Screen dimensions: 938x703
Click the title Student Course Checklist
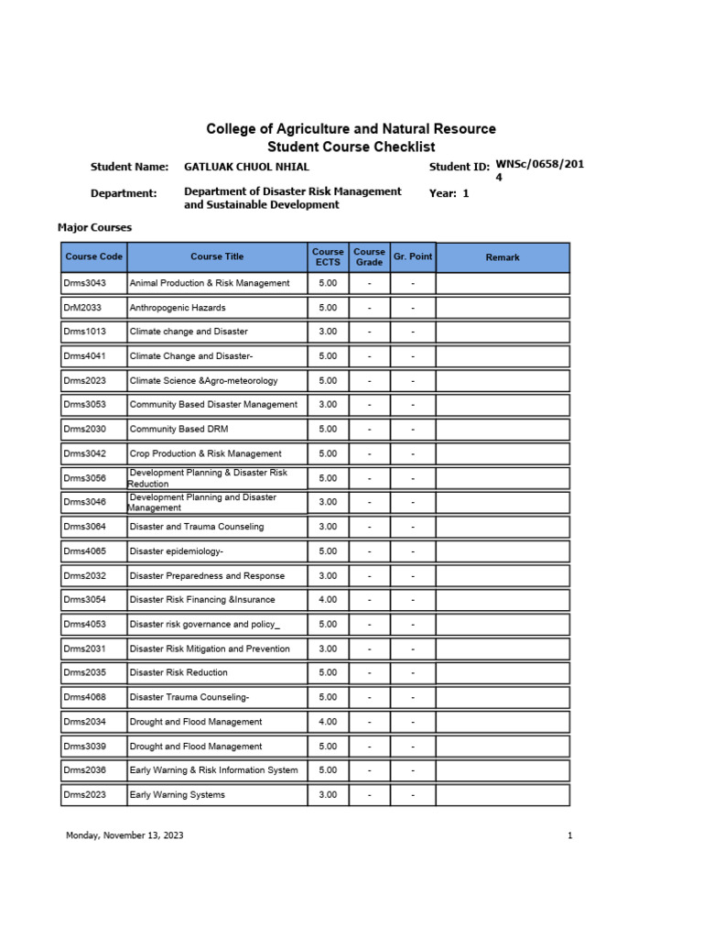351,147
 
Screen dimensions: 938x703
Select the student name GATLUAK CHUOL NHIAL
246,167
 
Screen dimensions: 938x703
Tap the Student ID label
460,167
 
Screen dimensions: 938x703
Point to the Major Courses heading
94,227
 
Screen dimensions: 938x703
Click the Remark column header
503,257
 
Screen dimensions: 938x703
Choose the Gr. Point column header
413,256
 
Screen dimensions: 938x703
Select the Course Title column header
217,257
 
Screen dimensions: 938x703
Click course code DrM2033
82,308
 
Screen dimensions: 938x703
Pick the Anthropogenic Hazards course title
178,308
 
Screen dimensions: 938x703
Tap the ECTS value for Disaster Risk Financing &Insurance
328,600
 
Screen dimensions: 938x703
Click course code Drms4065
84,551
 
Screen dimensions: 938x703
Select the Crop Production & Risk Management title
206,453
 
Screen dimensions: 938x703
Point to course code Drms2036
84,770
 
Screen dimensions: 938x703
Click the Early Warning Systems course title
178,794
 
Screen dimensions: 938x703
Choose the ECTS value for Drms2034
328,722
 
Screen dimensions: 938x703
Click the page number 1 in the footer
569,835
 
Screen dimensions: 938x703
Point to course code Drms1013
84,332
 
